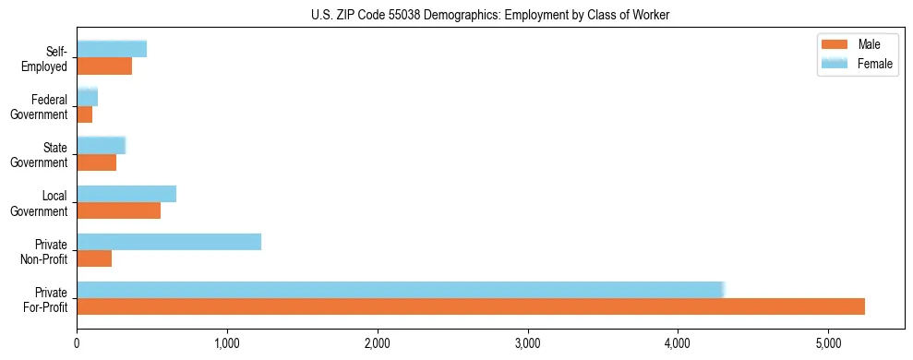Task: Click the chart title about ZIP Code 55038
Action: coord(456,15)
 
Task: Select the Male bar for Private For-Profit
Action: coord(471,306)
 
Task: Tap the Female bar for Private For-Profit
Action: coord(401,289)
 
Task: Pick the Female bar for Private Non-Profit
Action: coord(169,241)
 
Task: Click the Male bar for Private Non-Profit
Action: coord(94,258)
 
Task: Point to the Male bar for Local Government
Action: coord(118,210)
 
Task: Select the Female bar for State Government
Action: coord(101,145)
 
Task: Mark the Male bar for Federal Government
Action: coord(85,114)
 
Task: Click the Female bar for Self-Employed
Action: coord(112,49)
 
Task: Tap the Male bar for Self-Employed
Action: coord(104,66)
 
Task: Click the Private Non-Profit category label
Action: coord(46,251)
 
